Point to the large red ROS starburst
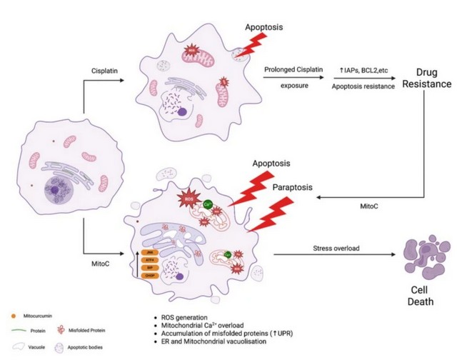[x=190, y=198]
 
